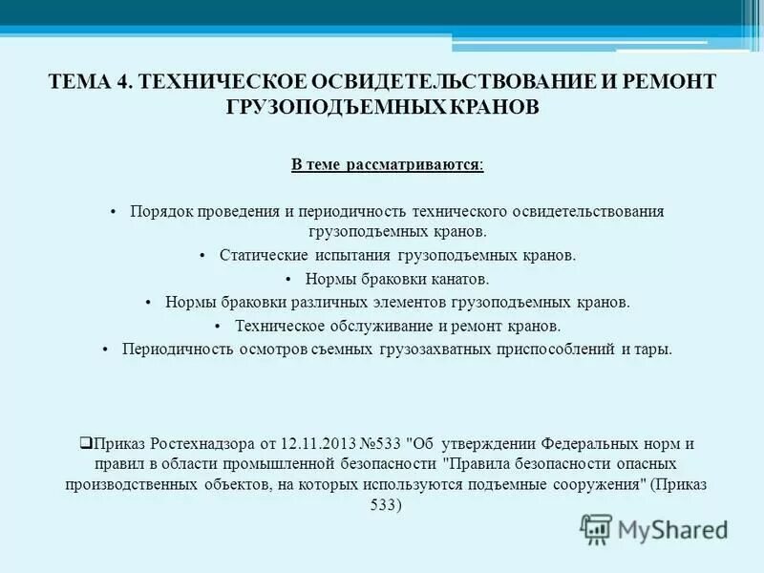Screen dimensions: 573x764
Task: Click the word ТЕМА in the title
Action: click(x=80, y=82)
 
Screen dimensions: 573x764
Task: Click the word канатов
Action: click(x=459, y=279)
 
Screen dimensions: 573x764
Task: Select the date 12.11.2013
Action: click(x=321, y=443)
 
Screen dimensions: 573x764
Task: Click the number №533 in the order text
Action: click(x=382, y=443)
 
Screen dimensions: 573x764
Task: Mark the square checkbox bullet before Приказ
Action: click(x=85, y=442)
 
